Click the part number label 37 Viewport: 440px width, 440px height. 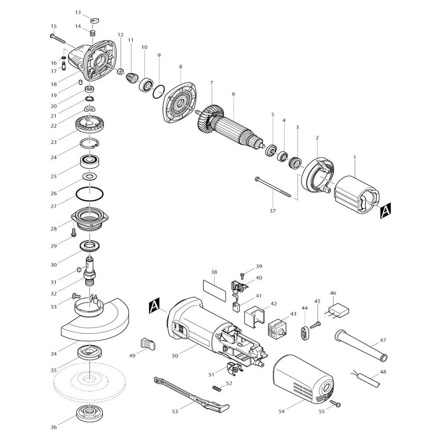272,211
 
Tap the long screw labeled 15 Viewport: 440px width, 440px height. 58,39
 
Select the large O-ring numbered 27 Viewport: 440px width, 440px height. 89,194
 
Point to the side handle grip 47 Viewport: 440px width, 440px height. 361,345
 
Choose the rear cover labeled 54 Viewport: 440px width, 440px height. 303,378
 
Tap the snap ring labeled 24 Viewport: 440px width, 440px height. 89,143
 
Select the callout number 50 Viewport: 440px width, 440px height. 175,356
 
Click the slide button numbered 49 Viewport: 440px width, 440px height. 147,344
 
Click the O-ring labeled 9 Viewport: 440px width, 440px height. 159,92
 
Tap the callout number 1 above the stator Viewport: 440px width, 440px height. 354,158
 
